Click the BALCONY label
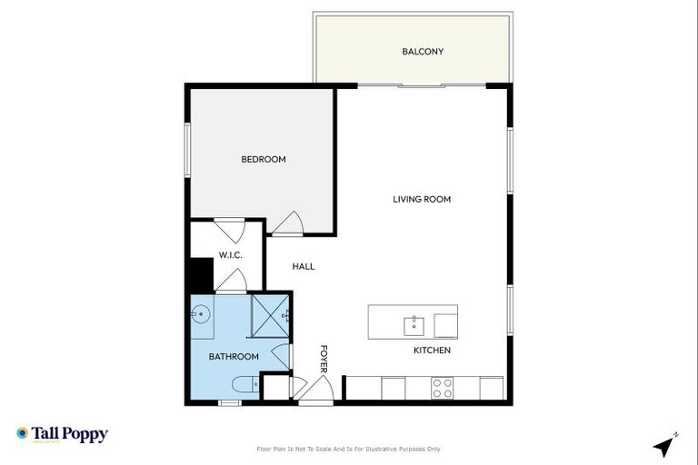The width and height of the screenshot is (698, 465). [x=423, y=52]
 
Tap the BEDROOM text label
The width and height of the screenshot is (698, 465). [x=263, y=160]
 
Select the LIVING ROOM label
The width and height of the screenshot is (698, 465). [x=422, y=200]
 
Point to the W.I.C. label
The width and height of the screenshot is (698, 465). [x=229, y=255]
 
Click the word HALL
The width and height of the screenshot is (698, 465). [x=303, y=267]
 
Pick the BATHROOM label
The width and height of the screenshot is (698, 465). [x=234, y=357]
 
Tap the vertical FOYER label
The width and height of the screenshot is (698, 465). [x=323, y=359]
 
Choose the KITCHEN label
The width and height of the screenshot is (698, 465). [x=432, y=351]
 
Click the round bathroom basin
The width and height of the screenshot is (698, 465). [x=200, y=315]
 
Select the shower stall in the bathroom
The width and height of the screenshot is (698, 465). [x=269, y=314]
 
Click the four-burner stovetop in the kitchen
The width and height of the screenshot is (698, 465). [x=443, y=388]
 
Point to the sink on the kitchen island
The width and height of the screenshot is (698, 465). [x=414, y=323]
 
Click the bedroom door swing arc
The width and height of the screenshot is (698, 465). [x=288, y=223]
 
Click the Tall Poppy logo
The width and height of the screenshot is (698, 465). [x=62, y=434]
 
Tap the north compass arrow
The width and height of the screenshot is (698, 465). [x=664, y=445]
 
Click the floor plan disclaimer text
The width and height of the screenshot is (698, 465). [x=349, y=449]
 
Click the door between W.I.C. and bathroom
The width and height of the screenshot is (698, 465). [x=230, y=282]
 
